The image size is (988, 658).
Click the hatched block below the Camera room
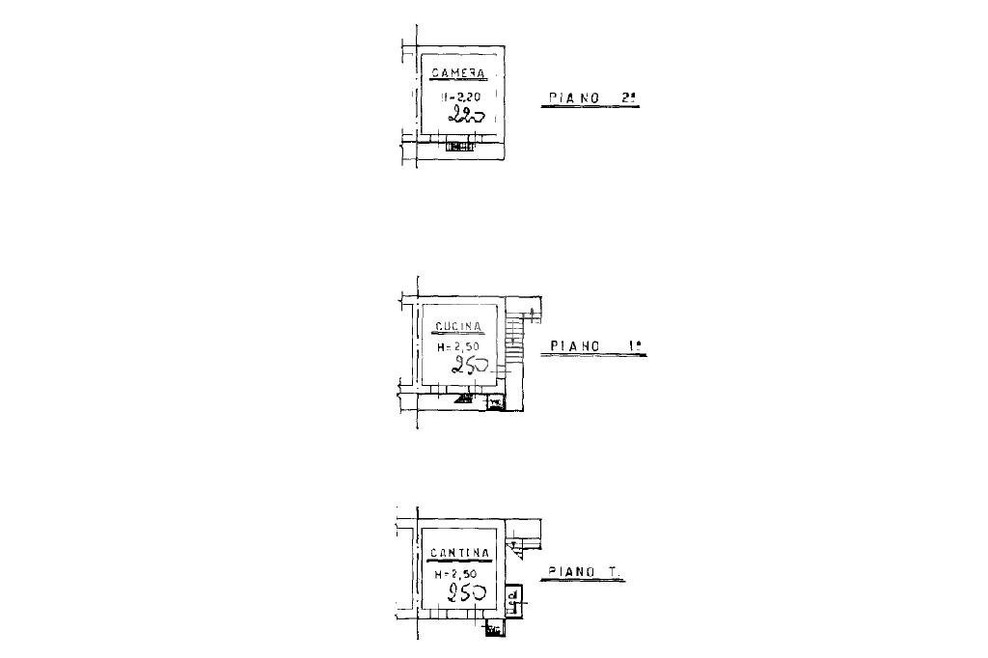pyautogui.click(x=460, y=147)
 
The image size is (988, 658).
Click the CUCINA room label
pyautogui.click(x=459, y=326)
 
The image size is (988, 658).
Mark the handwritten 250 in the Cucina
pyautogui.click(x=471, y=365)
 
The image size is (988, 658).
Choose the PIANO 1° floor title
pyautogui.click(x=592, y=345)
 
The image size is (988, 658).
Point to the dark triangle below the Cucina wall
pyautogui.click(x=465, y=397)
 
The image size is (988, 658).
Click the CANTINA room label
pyautogui.click(x=460, y=553)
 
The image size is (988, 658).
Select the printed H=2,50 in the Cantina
pyautogui.click(x=456, y=573)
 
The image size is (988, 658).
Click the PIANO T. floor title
pyautogui.click(x=583, y=571)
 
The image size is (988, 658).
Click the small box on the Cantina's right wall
pyautogui.click(x=514, y=601)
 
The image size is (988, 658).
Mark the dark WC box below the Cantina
pyautogui.click(x=495, y=630)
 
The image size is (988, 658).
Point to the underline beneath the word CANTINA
pyautogui.click(x=460, y=561)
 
